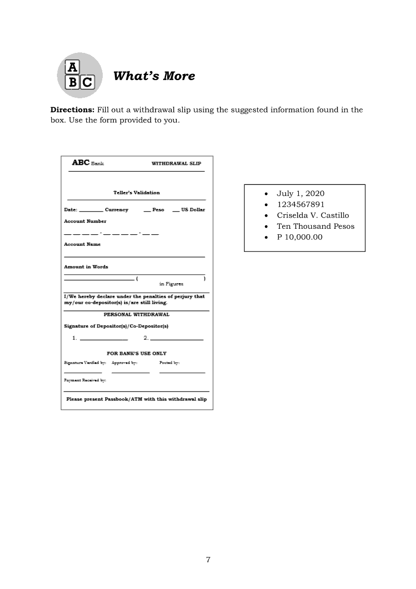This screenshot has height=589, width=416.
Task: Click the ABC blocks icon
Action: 80,75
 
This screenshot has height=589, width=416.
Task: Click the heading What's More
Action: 154,76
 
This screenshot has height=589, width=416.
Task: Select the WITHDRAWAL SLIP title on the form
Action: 176,163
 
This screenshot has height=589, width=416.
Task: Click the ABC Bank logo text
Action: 88,163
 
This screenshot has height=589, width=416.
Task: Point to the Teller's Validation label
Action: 136,192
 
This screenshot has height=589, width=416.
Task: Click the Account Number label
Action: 85,221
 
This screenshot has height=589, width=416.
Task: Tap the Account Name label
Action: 82,244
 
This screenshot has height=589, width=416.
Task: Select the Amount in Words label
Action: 86,267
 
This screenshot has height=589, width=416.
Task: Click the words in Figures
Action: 171,284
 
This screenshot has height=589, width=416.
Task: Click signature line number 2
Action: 176,339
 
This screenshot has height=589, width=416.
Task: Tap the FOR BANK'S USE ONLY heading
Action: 136,353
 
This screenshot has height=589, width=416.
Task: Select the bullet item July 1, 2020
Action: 300,193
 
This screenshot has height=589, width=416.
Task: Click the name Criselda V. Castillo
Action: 313,216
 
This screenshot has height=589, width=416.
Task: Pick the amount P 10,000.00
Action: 300,237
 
